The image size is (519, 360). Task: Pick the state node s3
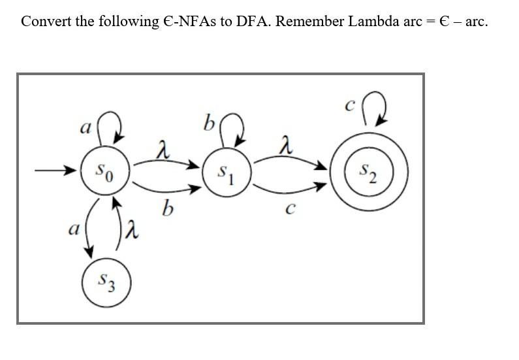coord(106,282)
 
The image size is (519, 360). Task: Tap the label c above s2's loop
coord(349,103)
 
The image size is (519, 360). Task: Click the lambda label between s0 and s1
coord(163,152)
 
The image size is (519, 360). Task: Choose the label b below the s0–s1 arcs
coord(167,209)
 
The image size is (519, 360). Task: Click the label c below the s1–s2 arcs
coord(291,208)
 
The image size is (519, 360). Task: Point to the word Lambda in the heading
coord(372,21)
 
